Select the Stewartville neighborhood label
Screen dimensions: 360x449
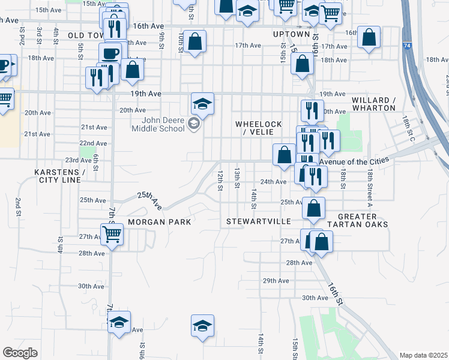pos(258,221)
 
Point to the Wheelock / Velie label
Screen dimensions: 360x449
pos(259,128)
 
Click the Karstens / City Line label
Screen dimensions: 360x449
pos(59,176)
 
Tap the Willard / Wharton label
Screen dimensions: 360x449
pos(373,104)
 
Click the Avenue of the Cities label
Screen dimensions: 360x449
pos(354,160)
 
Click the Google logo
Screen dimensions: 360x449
pos(20,353)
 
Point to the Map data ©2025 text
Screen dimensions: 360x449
pos(423,355)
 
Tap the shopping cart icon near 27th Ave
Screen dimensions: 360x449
pos(112,233)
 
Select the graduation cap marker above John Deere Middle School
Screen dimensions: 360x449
pos(203,104)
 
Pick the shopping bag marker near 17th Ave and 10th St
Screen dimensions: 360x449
pos(194,42)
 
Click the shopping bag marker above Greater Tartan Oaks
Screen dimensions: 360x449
pos(313,208)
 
